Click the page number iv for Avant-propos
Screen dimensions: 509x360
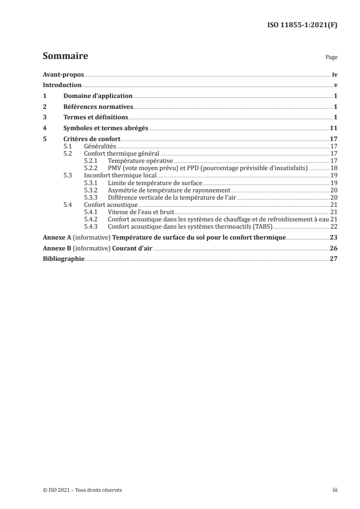pyautogui.click(x=334, y=74)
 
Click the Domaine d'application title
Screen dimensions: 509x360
pyautogui.click(x=98, y=96)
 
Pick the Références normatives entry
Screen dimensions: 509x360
pyautogui.click(x=98, y=107)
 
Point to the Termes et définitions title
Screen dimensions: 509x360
pyautogui.click(x=96, y=117)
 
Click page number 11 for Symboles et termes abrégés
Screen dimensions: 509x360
pyautogui.click(x=333, y=128)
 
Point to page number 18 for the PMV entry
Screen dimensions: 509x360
pyautogui.click(x=334, y=168)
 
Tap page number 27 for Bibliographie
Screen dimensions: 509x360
pyautogui.click(x=333, y=259)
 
